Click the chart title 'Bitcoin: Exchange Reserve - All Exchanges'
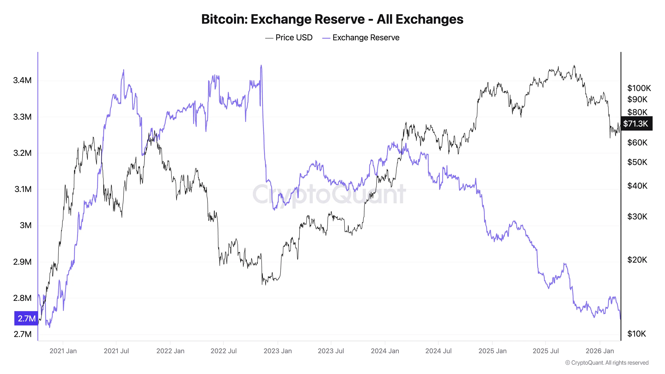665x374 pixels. pyautogui.click(x=332, y=19)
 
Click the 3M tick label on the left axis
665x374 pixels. pyautogui.click(x=26, y=225)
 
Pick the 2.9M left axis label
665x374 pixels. pyautogui.click(x=22, y=262)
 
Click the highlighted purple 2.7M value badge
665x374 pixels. pyautogui.click(x=26, y=318)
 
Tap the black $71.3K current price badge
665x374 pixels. pyautogui.click(x=636, y=124)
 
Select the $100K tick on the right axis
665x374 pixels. pyautogui.click(x=639, y=88)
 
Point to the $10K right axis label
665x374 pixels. pyautogui.click(x=636, y=334)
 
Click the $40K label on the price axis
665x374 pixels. pyautogui.click(x=637, y=186)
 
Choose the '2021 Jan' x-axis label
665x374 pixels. pyautogui.click(x=63, y=351)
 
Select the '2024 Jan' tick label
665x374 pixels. pyautogui.click(x=385, y=351)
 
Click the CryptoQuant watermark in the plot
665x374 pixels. pyautogui.click(x=329, y=194)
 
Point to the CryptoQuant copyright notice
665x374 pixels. pyautogui.click(x=607, y=363)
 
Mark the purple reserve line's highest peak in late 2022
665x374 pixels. pyautogui.click(x=261, y=66)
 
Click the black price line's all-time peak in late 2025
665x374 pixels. pyautogui.click(x=574, y=66)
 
